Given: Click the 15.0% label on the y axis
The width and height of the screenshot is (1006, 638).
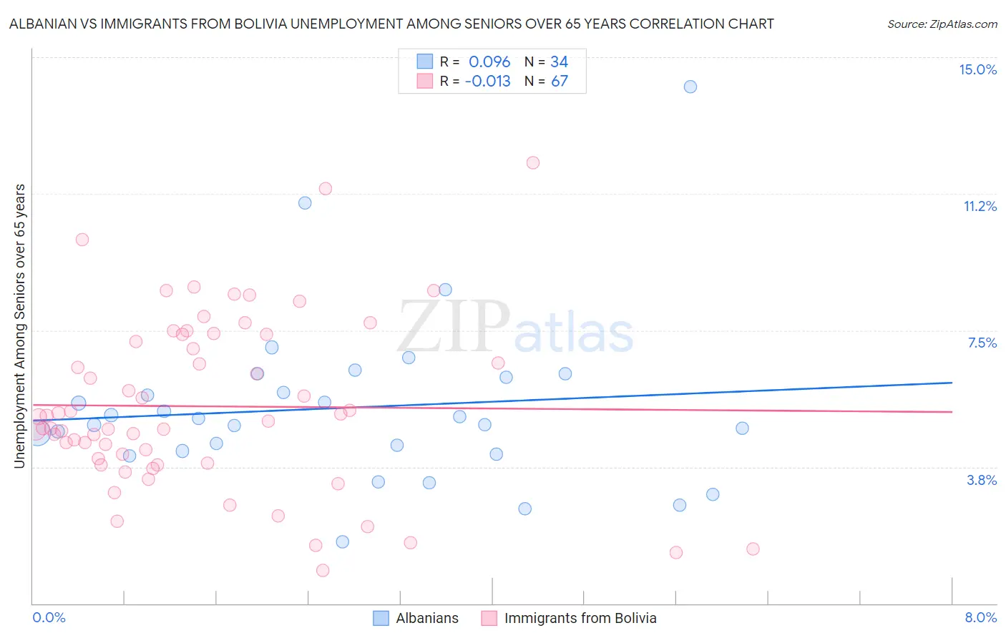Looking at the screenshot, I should (977, 69).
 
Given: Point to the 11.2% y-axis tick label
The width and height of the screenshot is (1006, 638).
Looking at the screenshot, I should (980, 206).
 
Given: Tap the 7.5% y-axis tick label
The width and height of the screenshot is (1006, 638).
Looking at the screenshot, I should (982, 343).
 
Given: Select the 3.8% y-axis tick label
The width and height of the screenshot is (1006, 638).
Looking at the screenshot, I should (982, 480).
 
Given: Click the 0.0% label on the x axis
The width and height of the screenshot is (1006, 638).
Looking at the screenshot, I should (49, 617).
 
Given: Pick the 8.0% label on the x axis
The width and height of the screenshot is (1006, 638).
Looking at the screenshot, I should (980, 617).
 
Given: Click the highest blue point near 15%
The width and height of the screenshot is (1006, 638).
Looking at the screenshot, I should (690, 87).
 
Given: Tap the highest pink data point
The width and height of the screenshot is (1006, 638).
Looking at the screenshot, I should (532, 162).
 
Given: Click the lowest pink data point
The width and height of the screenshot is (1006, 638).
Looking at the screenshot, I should (323, 570).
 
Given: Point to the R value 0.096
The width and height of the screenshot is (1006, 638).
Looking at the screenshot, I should (489, 62).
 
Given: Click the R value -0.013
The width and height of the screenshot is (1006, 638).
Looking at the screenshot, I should (487, 81).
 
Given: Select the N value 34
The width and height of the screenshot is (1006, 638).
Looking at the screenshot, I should (559, 62).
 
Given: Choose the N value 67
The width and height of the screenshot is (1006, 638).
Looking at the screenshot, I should (559, 81).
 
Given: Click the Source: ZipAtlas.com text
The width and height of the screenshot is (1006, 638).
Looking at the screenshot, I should (942, 24).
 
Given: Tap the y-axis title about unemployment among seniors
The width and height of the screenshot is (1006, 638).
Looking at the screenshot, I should (19, 326).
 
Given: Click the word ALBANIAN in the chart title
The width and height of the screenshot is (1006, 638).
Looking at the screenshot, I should (42, 24).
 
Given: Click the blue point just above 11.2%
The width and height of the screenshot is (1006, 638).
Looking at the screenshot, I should (305, 202).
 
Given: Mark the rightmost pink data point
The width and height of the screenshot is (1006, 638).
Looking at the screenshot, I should (753, 549).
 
